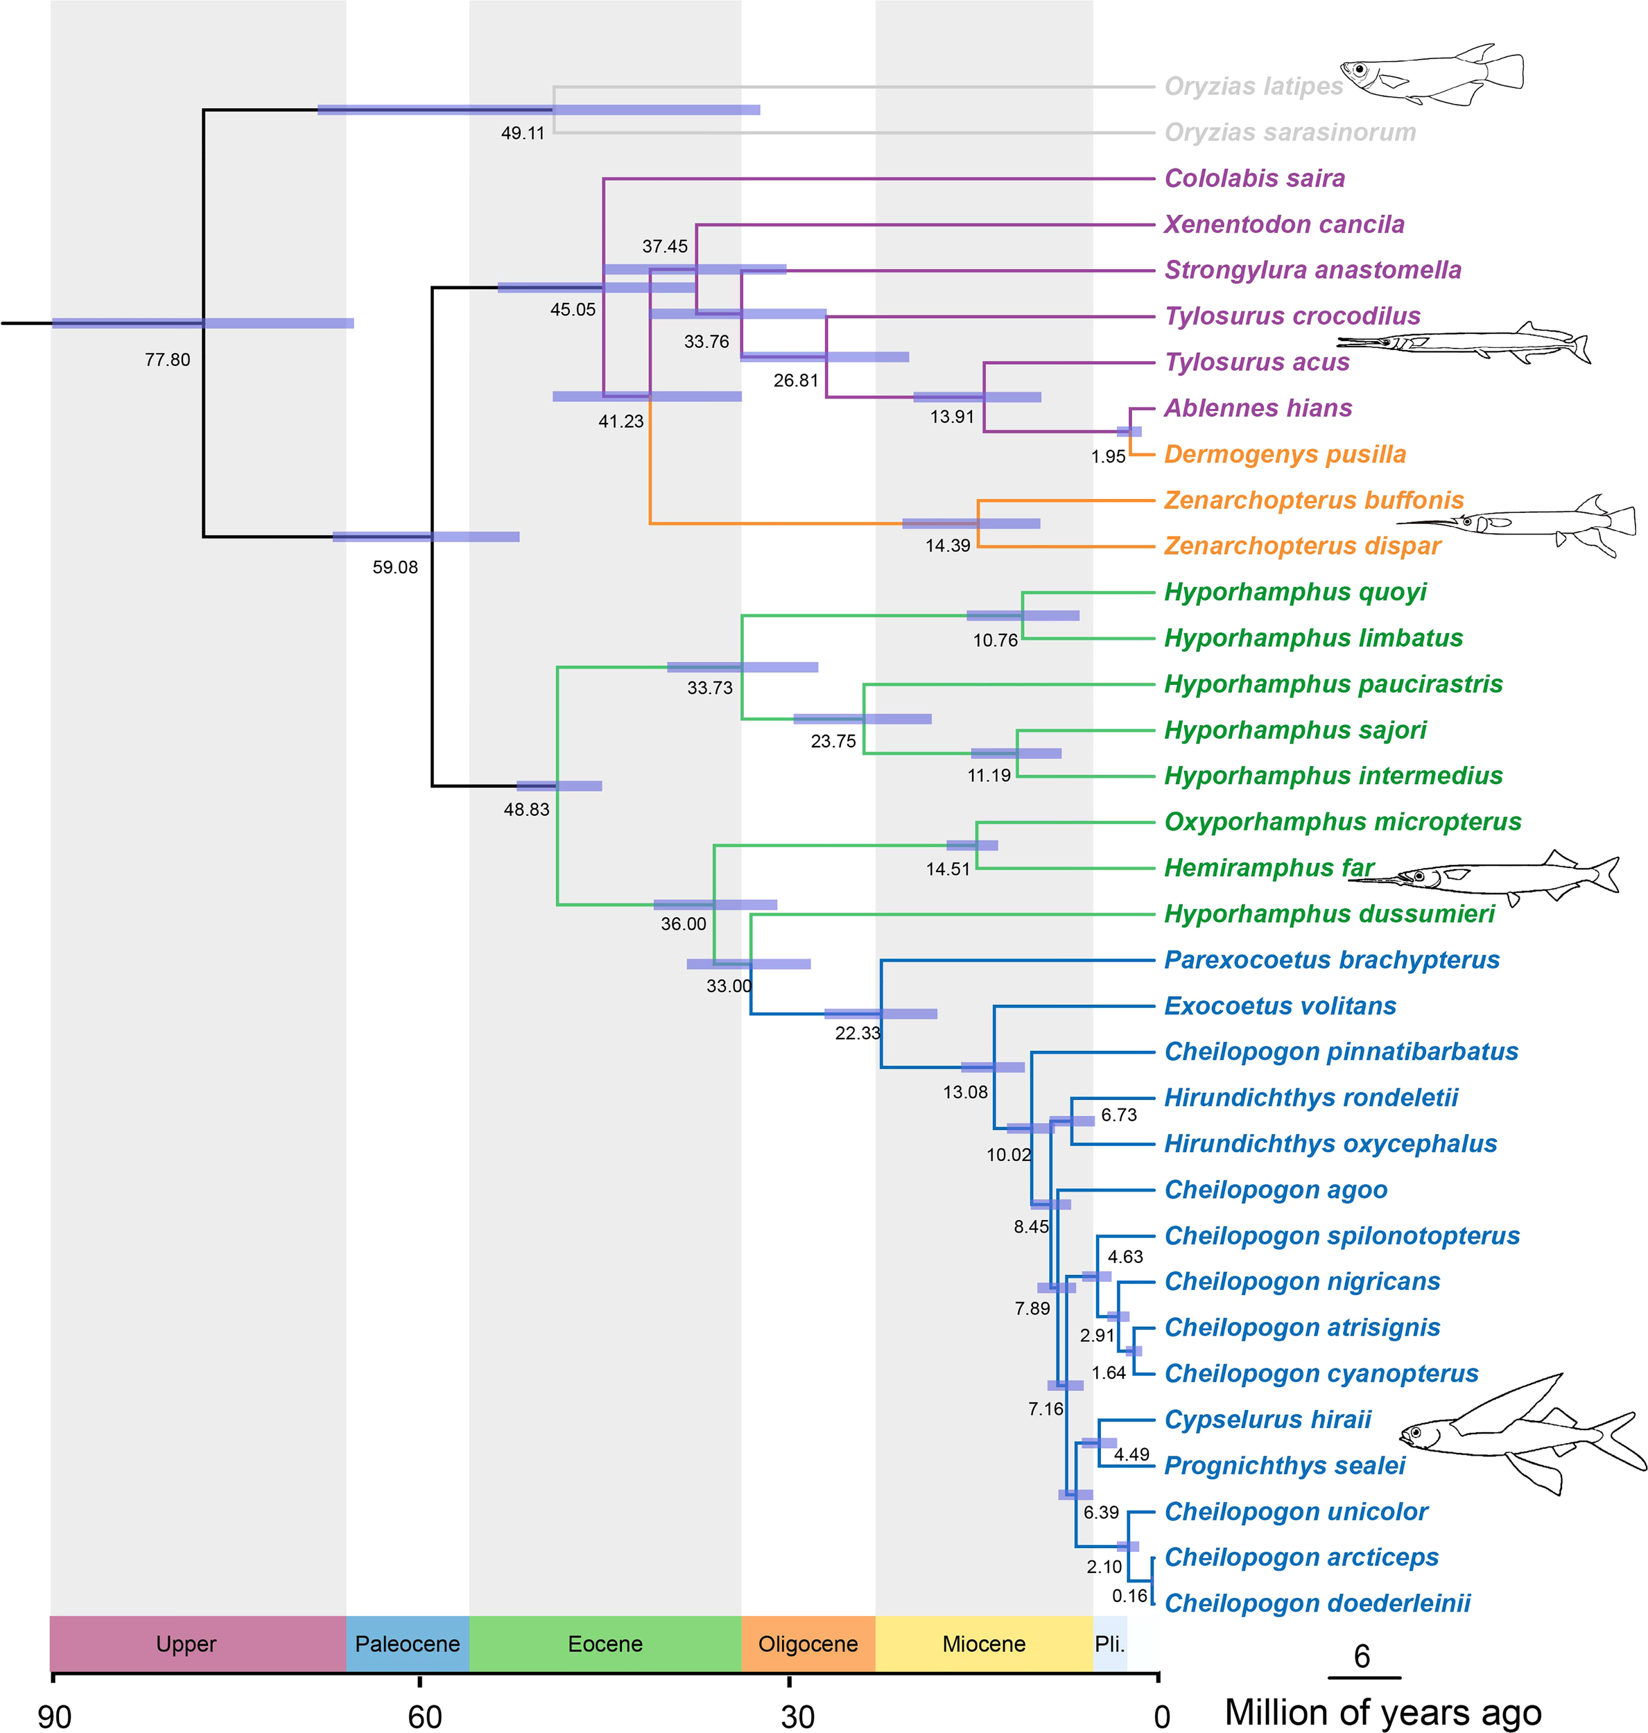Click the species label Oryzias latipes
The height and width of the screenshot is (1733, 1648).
[1253, 86]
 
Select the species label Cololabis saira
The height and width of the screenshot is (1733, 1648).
[1254, 178]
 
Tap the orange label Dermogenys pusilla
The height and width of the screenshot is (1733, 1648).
[1284, 454]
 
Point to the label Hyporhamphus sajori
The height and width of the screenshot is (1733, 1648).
[1295, 730]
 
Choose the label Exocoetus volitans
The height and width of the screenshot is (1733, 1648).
[1280, 1006]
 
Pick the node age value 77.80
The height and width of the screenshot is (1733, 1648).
[168, 359]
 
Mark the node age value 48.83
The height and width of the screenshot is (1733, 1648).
[526, 810]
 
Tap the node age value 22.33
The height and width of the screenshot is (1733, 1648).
[858, 1033]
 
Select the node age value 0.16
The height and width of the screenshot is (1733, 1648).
[1129, 1596]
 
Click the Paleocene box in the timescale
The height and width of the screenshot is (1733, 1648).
[408, 1644]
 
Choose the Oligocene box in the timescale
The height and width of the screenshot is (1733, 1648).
[808, 1644]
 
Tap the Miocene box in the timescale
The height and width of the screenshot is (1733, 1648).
[984, 1644]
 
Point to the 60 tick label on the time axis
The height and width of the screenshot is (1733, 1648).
[424, 1716]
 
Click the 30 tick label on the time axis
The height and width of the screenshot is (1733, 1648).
[797, 1716]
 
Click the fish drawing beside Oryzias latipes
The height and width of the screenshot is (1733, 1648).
[1432, 75]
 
